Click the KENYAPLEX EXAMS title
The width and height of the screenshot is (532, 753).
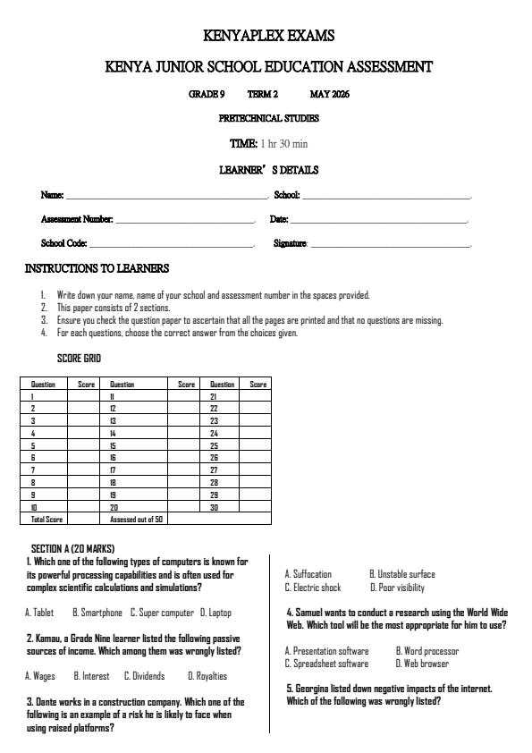click(x=268, y=37)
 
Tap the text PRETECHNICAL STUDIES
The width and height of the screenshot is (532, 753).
click(x=268, y=118)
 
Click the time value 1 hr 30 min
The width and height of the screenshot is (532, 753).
click(x=283, y=144)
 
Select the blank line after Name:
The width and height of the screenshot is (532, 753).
click(x=167, y=196)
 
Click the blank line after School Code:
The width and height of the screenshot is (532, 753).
click(x=171, y=244)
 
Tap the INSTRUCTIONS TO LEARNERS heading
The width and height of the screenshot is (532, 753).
click(x=97, y=268)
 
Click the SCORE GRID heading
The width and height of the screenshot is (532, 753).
click(x=79, y=359)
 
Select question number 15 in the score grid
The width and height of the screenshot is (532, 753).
click(x=114, y=444)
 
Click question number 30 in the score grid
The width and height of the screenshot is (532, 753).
click(x=214, y=506)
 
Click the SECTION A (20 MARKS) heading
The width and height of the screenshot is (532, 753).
click(x=72, y=548)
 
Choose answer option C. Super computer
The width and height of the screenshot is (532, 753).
click(x=162, y=613)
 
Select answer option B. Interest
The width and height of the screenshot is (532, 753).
click(x=91, y=676)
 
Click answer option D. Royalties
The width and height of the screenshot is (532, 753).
click(x=207, y=676)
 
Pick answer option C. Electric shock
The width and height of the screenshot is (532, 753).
click(x=313, y=588)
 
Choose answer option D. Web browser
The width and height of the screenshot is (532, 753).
click(x=422, y=664)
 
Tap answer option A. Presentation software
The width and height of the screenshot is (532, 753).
click(x=326, y=651)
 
